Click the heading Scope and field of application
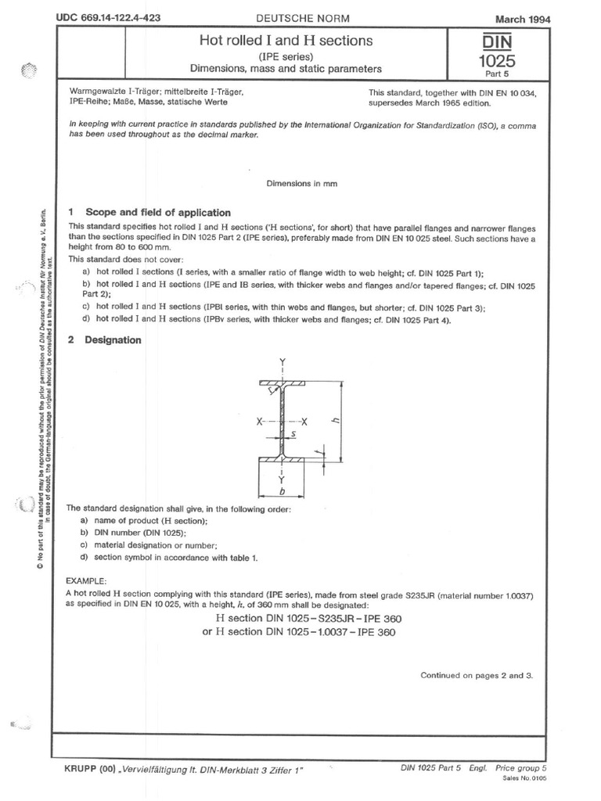tap(157, 212)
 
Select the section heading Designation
tap(113, 340)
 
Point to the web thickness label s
tap(293, 431)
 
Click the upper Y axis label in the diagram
tap(283, 361)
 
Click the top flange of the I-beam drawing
tap(283, 383)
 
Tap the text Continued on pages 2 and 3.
tap(476, 674)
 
